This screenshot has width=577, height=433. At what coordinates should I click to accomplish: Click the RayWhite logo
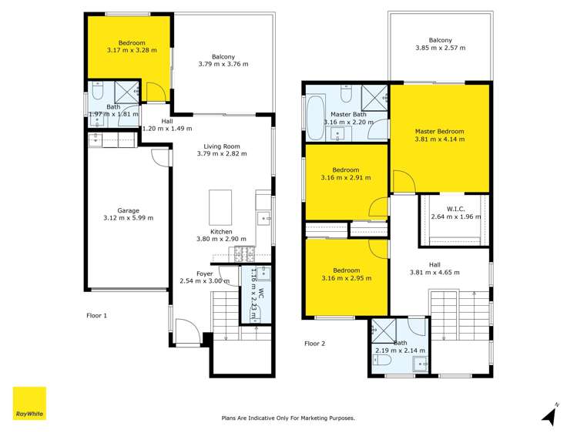pyautogui.click(x=29, y=403)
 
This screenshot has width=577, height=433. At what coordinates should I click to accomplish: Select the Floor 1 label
pyautogui.click(x=96, y=315)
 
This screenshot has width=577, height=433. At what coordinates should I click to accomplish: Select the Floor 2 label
pyautogui.click(x=316, y=344)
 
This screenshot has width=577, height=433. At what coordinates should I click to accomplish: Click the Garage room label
pyautogui.click(x=128, y=210)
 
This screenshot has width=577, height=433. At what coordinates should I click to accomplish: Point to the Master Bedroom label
pyautogui.click(x=440, y=132)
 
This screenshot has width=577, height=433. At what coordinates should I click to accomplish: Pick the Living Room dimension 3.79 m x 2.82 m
pyautogui.click(x=223, y=154)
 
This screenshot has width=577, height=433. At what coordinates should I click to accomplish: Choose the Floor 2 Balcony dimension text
pyautogui.click(x=440, y=49)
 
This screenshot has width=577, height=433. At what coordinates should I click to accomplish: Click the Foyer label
pyautogui.click(x=204, y=274)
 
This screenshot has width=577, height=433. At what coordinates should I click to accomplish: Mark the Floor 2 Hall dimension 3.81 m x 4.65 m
pyautogui.click(x=440, y=271)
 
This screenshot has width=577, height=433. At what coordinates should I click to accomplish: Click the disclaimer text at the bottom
pyautogui.click(x=288, y=418)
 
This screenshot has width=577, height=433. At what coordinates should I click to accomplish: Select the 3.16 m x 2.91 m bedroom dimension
pyautogui.click(x=346, y=178)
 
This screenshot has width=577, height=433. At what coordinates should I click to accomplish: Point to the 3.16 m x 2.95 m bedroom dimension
pyautogui.click(x=346, y=278)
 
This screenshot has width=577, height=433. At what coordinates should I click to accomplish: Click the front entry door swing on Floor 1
pyautogui.click(x=186, y=333)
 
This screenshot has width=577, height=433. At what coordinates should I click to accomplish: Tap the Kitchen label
pyautogui.click(x=222, y=231)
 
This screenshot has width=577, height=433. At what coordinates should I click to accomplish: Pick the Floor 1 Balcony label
pyautogui.click(x=223, y=55)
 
